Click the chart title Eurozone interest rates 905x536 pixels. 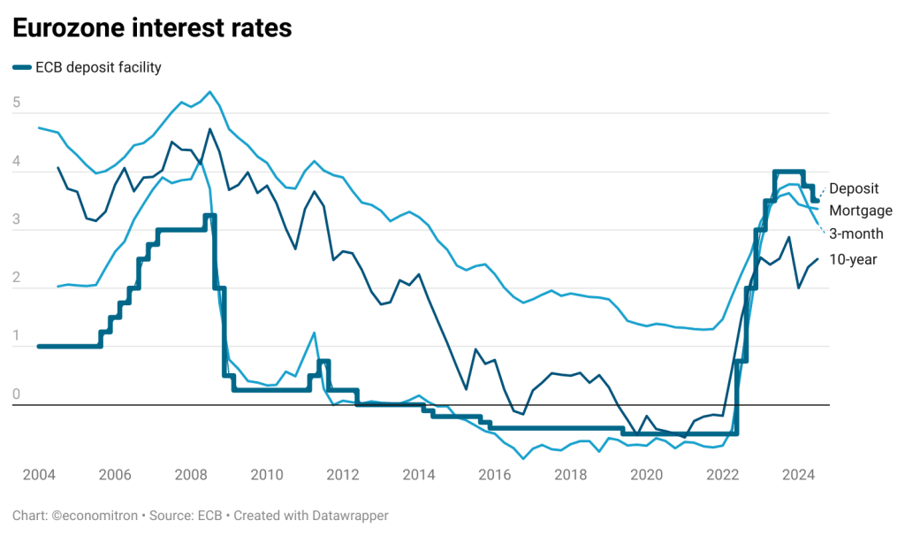click(151, 28)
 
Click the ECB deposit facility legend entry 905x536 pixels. click(98, 67)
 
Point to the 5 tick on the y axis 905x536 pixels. click(16, 103)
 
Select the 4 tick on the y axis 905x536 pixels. click(16, 161)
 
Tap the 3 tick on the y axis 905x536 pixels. click(16, 219)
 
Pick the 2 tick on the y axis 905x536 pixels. click(16, 278)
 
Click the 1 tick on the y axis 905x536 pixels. click(16, 336)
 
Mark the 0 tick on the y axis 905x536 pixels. click(16, 394)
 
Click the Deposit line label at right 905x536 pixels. click(854, 188)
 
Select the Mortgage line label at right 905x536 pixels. click(861, 211)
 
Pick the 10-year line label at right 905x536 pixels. click(853, 259)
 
